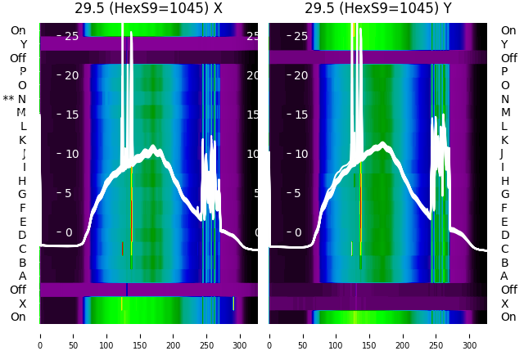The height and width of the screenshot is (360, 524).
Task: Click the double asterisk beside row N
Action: [x=9, y=99]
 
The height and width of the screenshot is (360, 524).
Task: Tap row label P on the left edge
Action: [x=22, y=71]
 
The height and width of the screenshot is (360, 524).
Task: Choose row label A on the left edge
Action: [x=22, y=276]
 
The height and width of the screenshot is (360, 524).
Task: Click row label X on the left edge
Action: [x=22, y=304]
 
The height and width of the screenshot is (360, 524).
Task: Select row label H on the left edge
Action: [x=22, y=181]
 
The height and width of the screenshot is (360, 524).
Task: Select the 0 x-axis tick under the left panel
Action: [x=39, y=335]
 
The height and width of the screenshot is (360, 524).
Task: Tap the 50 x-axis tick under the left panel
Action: [x=73, y=335]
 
